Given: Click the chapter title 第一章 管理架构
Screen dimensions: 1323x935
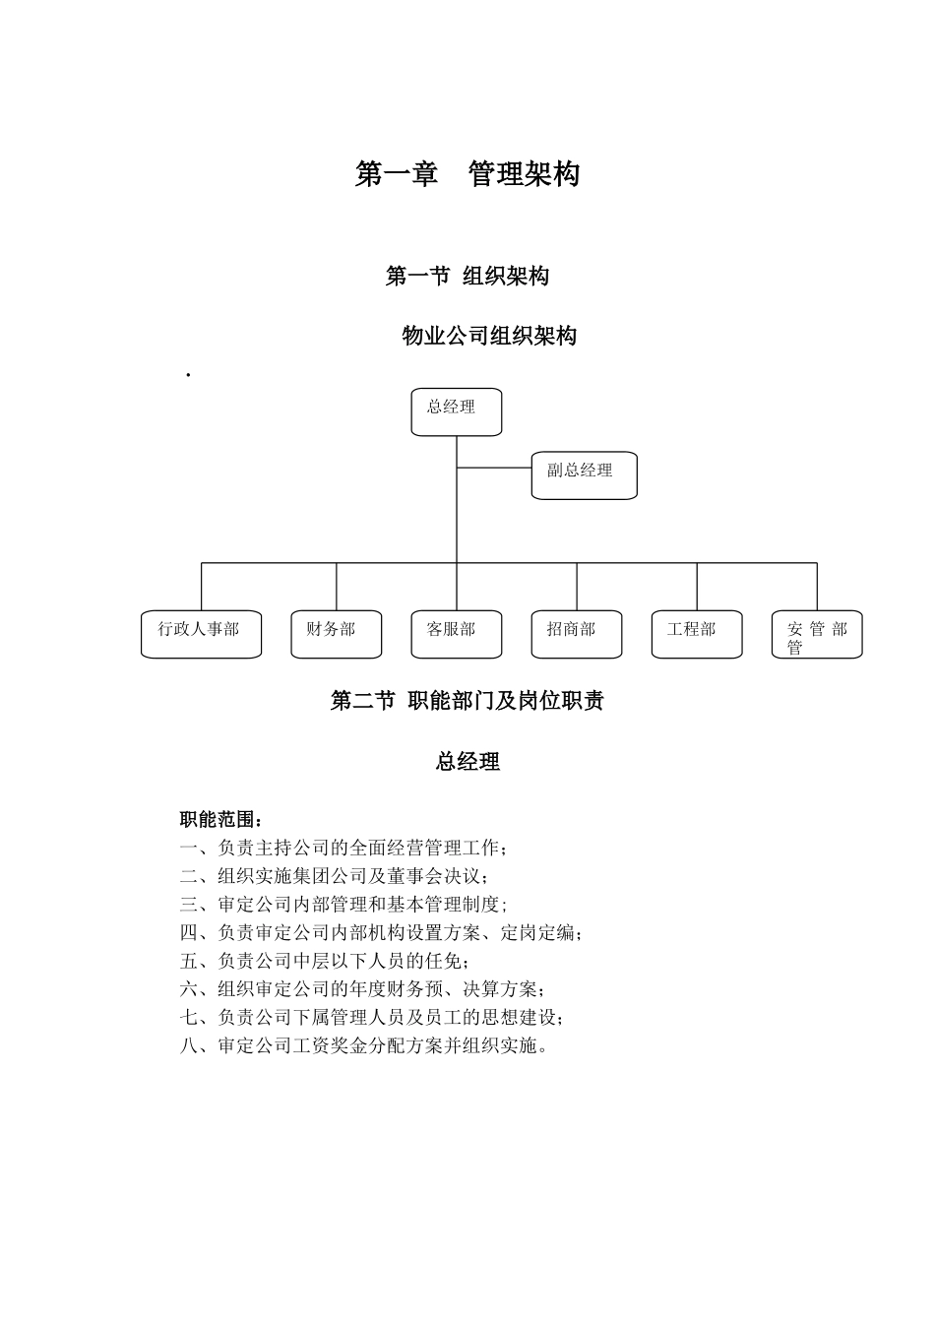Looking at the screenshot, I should click(467, 174).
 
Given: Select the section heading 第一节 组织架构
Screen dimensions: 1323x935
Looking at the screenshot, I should click(467, 277).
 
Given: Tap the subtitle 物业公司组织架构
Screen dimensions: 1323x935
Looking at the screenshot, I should click(489, 336).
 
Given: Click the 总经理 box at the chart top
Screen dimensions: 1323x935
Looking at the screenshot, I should click(456, 411).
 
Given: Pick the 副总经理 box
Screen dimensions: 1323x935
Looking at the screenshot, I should click(584, 474).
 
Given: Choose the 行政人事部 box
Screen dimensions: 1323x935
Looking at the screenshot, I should click(201, 634).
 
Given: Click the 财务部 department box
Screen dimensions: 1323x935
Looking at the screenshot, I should click(336, 634).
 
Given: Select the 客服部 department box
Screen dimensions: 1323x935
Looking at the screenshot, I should click(456, 634).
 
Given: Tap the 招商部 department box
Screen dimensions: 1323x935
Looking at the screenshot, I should click(576, 634).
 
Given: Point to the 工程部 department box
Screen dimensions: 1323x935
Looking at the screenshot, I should click(696, 634).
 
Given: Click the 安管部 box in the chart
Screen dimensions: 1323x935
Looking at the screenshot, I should click(816, 634).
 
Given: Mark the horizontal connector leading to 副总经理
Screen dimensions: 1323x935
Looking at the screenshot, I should click(494, 468).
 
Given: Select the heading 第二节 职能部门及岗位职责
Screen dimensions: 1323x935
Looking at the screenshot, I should click(467, 701).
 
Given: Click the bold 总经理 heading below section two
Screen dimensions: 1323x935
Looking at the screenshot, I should click(467, 762).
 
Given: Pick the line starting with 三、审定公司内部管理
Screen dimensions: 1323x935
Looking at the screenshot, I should click(343, 905).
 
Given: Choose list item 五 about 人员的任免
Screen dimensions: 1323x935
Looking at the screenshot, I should click(325, 961).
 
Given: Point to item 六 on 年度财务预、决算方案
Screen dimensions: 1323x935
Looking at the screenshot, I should click(362, 989).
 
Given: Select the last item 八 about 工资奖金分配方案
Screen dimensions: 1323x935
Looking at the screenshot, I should click(364, 1045).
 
